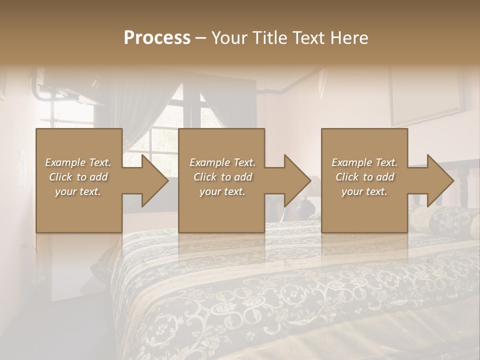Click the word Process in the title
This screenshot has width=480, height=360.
pos(157,38)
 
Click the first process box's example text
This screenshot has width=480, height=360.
pos(78,177)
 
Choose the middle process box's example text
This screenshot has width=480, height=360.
pos(222,177)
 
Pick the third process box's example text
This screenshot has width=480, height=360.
pos(364,177)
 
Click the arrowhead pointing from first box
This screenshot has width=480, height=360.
pos(152,180)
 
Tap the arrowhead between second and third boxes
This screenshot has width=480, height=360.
pos(295,180)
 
